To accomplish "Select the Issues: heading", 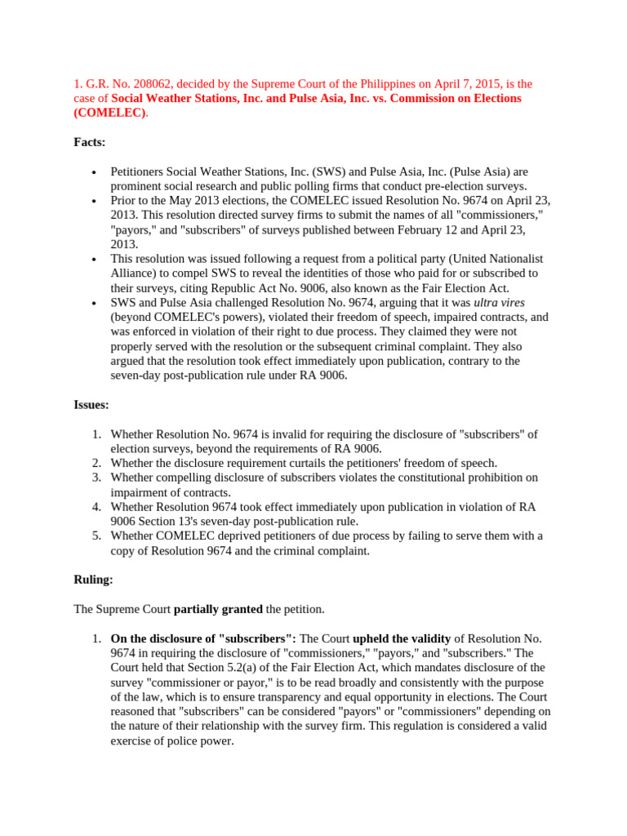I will click(x=91, y=404).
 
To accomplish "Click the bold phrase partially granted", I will click(x=218, y=609).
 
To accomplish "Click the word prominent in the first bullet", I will click(x=140, y=186).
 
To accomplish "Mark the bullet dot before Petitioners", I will click(x=96, y=173).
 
